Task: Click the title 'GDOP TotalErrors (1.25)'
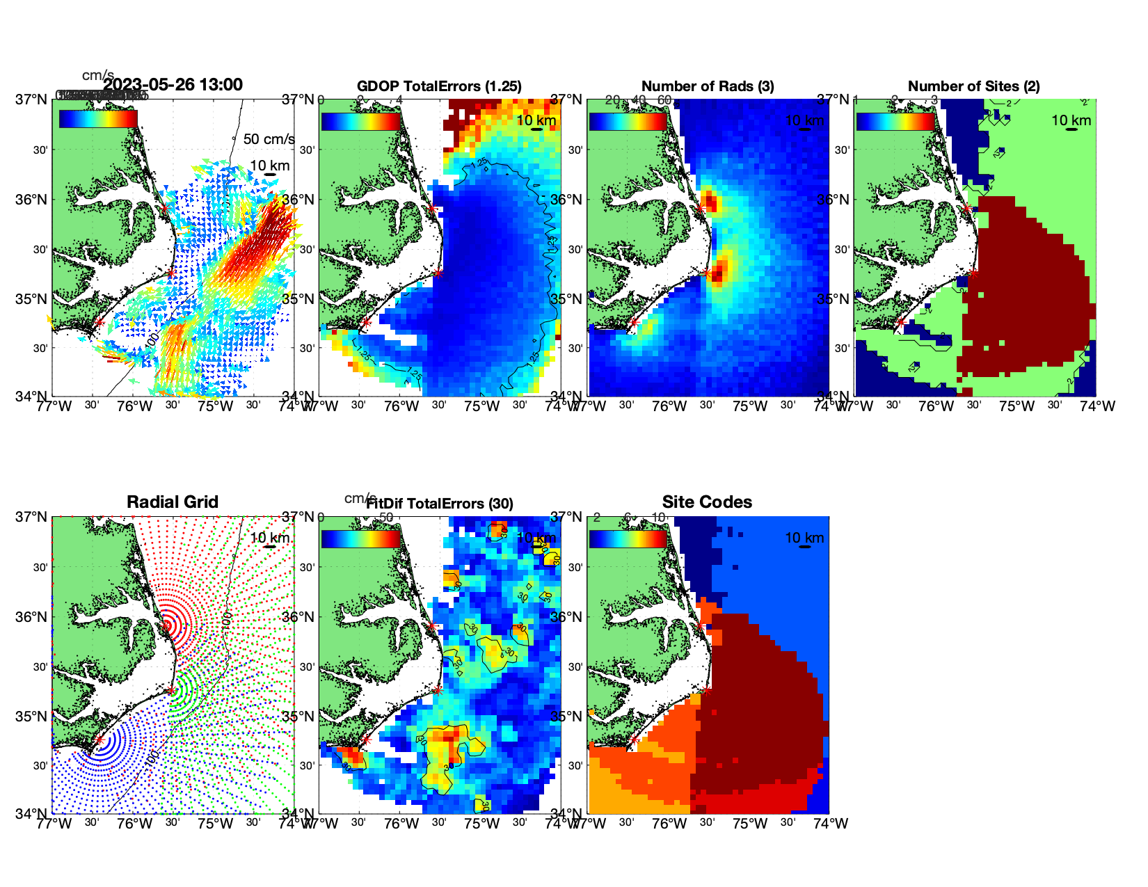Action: pyautogui.click(x=439, y=86)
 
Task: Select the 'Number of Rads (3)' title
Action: pyautogui.click(x=708, y=86)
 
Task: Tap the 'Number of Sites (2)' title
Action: pyautogui.click(x=973, y=86)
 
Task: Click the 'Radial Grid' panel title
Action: pyautogui.click(x=173, y=502)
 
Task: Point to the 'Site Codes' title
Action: pyautogui.click(x=707, y=502)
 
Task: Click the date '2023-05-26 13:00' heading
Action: pyautogui.click(x=173, y=85)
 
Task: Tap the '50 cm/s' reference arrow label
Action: pyautogui.click(x=269, y=139)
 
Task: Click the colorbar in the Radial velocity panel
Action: pyautogui.click(x=98, y=119)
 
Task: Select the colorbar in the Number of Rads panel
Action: pyautogui.click(x=628, y=122)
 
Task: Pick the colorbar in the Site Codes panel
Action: pyautogui.click(x=628, y=539)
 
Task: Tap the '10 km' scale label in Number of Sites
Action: pyautogui.click(x=1071, y=120)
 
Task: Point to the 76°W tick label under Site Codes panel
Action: pyautogui.click(x=669, y=824)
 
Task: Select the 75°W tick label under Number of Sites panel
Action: pyautogui.click(x=1017, y=406)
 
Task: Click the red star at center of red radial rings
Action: pyautogui.click(x=166, y=625)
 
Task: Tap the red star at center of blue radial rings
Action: pyautogui.click(x=99, y=740)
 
